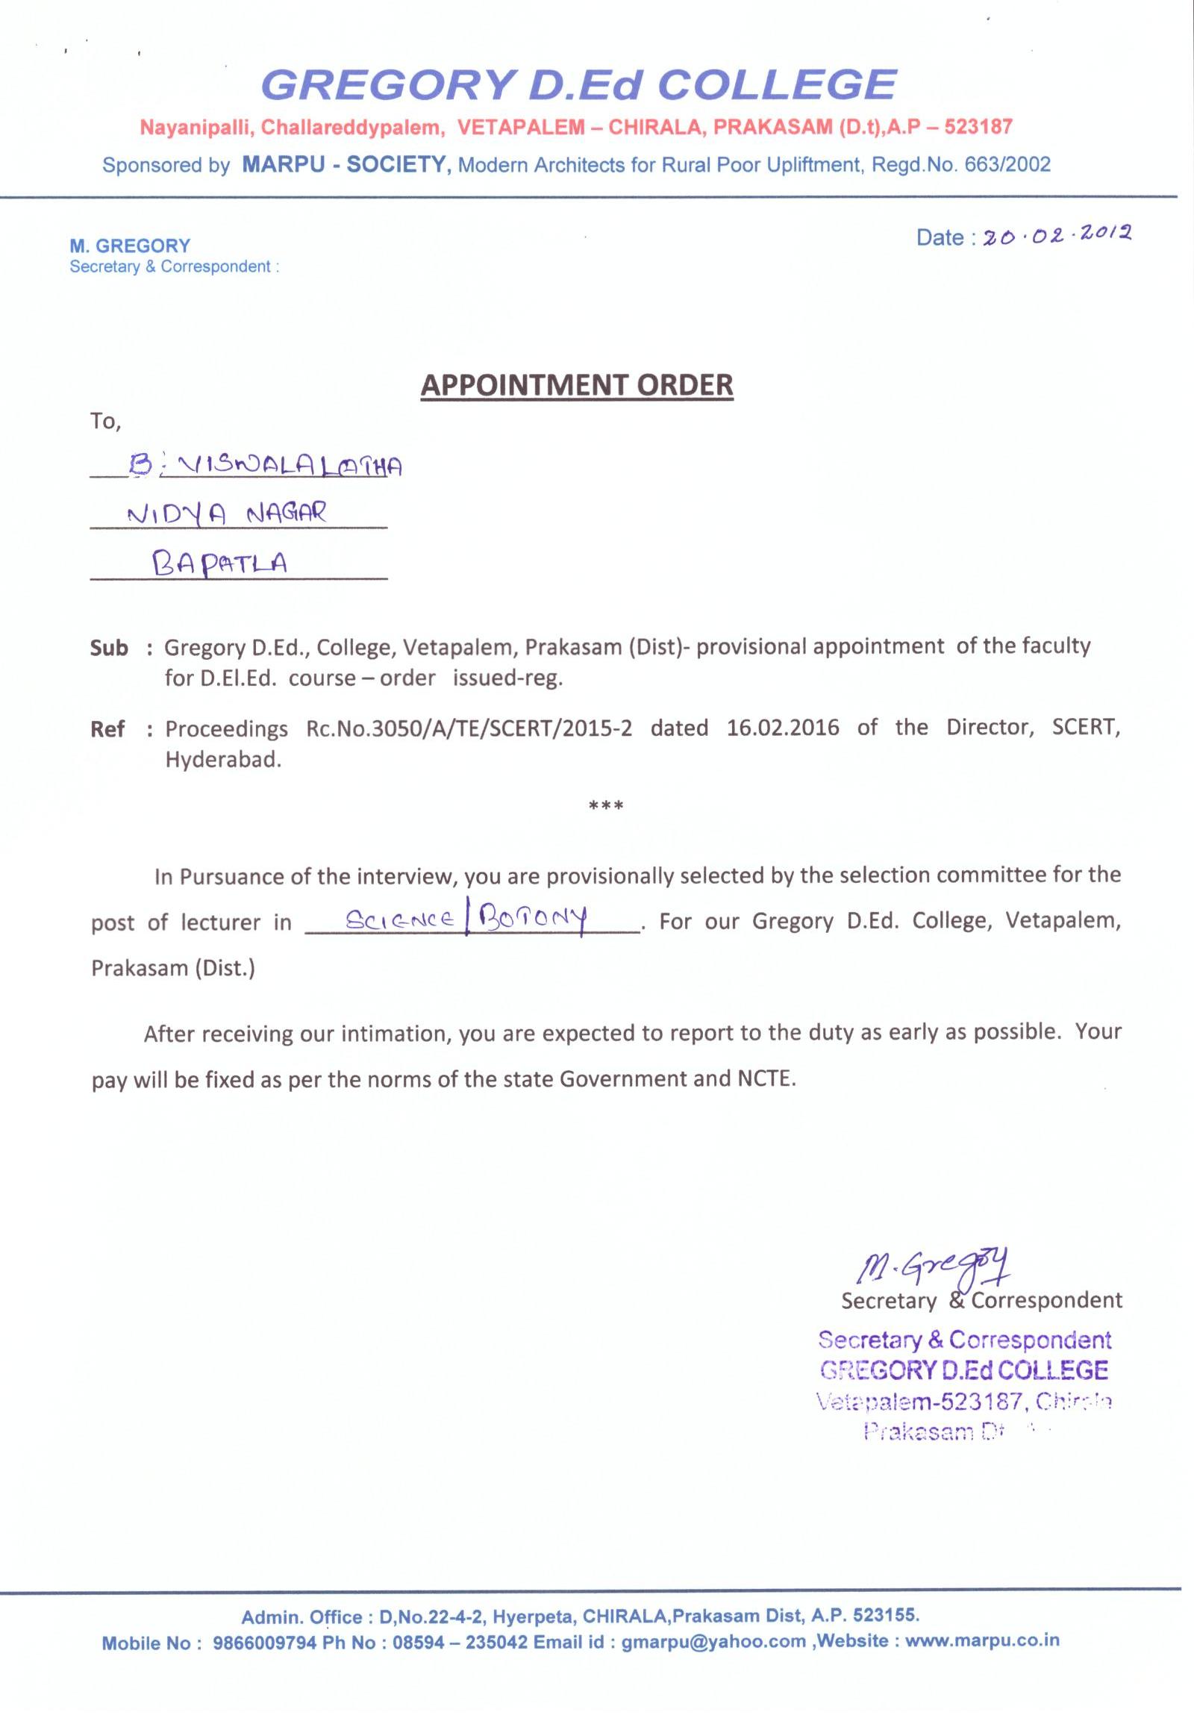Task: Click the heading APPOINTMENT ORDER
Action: [577, 384]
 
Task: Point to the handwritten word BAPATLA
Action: [219, 561]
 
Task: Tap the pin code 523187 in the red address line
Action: [978, 126]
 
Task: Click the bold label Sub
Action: [109, 647]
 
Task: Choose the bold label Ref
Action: [107, 728]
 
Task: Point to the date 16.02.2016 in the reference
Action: [783, 728]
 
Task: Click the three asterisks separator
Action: [606, 806]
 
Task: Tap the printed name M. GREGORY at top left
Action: [130, 246]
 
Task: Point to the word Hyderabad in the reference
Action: [224, 761]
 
